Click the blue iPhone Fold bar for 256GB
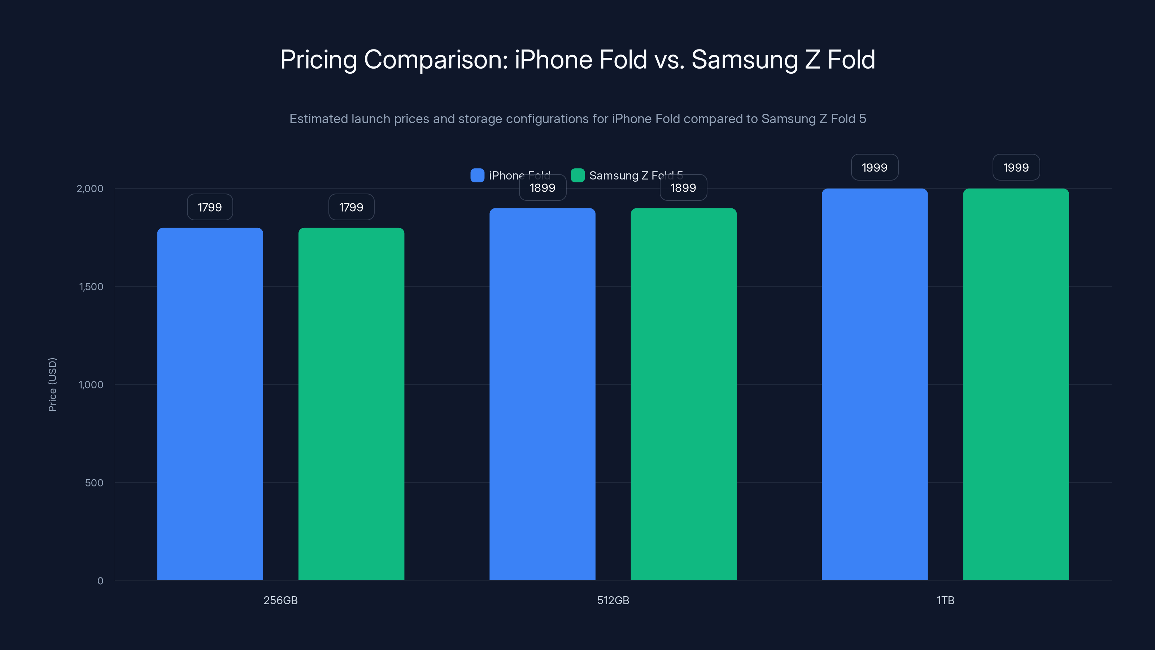point(210,404)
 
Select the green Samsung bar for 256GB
point(351,404)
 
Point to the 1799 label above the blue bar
point(210,207)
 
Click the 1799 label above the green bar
point(351,207)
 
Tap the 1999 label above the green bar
point(1016,167)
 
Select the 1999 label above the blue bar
point(874,167)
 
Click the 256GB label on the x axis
point(280,600)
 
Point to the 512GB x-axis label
point(613,600)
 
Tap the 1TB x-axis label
point(945,600)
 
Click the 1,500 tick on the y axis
point(91,287)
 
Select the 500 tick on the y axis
point(94,483)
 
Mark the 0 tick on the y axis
point(100,581)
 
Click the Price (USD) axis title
point(52,385)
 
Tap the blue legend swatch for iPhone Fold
point(477,175)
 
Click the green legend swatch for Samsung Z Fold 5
point(577,175)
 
